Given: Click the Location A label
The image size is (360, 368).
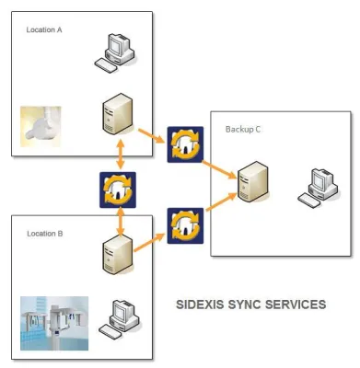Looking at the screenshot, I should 44,29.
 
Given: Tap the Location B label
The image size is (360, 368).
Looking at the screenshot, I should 44,234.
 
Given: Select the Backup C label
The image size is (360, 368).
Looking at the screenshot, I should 243,129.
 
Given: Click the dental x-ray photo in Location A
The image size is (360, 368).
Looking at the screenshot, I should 41,126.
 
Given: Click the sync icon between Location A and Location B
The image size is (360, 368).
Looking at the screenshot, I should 118,190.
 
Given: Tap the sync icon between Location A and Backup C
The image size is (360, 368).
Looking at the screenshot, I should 185,144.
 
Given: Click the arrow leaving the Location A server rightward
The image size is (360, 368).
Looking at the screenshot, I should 151,136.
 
